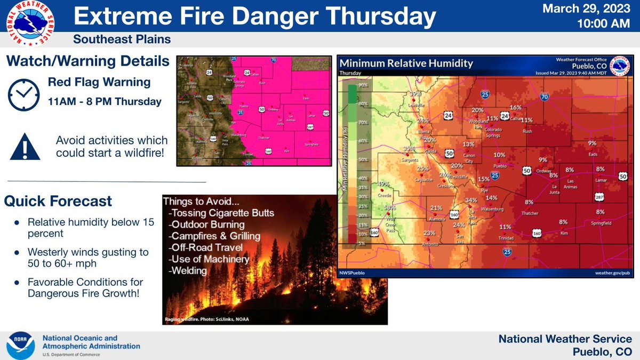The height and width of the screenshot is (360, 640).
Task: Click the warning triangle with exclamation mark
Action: (25, 146)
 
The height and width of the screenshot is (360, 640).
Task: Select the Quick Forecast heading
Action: (58, 201)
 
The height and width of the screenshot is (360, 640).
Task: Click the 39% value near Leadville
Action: (415, 94)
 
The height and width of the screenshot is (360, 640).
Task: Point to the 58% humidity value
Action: (389, 207)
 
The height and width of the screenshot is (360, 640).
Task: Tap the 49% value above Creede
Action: (383, 184)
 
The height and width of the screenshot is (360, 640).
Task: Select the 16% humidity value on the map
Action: (515, 107)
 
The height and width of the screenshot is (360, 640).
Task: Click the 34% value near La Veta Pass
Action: (471, 201)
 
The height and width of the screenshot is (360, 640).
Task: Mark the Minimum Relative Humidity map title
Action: (406, 63)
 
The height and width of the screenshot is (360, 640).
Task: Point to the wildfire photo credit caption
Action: (206, 319)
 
